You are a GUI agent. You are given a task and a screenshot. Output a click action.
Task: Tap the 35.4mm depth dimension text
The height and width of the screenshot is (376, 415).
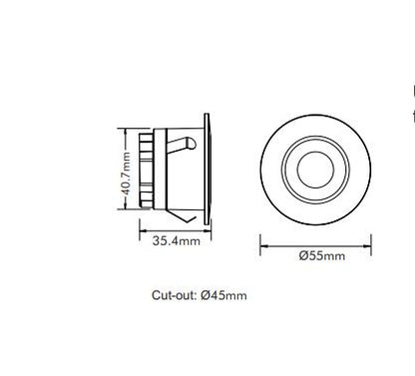pos(176,241)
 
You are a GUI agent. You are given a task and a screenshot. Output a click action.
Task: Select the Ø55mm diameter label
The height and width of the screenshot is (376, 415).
pos(321,256)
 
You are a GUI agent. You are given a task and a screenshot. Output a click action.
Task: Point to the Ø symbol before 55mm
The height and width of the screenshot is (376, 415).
pos(303,256)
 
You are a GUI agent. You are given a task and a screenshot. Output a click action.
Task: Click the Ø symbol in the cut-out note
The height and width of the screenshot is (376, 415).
pos(206,295)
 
